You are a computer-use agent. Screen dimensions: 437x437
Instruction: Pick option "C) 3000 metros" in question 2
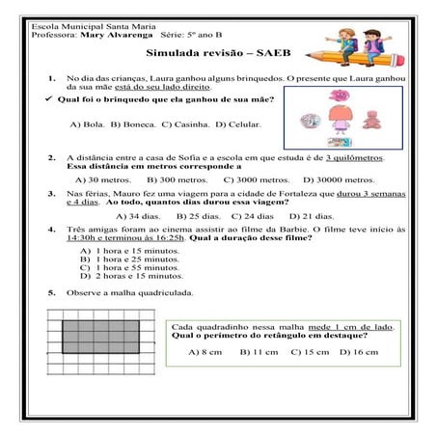pyautogui.click(x=258, y=178)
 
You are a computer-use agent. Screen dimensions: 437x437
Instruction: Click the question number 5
pyautogui.click(x=51, y=292)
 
